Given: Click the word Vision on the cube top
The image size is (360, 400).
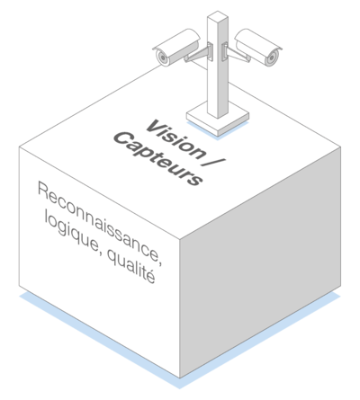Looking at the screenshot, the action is coord(176,139).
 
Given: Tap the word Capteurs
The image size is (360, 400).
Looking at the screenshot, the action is coord(158,159).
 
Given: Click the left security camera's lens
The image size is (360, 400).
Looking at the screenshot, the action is coord(162,57).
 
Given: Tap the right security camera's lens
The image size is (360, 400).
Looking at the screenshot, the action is coord(273,57).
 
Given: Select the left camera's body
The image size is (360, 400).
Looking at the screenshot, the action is coord(176,47).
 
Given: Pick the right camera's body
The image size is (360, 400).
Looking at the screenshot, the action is coord(258,47).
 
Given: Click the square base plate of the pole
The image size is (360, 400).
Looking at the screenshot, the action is coord(218,119).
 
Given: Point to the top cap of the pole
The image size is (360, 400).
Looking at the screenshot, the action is coord(218,16).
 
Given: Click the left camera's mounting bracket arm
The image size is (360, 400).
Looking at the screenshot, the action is coord(198,54).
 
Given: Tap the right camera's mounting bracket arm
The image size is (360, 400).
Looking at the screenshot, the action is coord(237,54).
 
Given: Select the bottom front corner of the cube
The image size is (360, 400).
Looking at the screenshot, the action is coord(180,378).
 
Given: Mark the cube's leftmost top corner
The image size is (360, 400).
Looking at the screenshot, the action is coord(19,147).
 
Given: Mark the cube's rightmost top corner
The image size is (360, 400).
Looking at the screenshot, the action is coord(341,147).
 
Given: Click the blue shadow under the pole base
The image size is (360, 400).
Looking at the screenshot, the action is coord(218,132).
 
